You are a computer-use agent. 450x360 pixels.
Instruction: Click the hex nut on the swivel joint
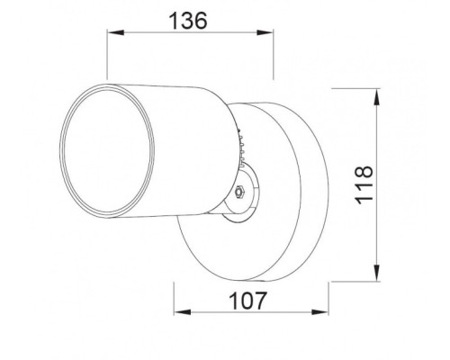click(x=238, y=192)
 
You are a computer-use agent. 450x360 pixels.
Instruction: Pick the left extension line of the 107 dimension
click(x=173, y=297)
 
